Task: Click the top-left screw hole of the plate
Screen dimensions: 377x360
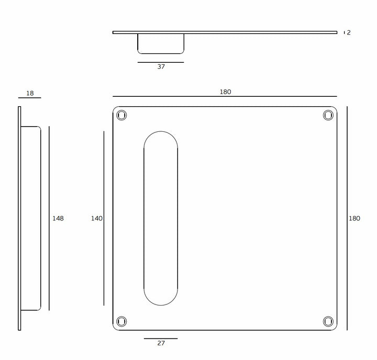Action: pos(121,115)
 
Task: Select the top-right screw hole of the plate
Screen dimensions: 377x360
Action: pos(328,115)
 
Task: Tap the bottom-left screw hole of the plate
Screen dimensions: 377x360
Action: pos(121,321)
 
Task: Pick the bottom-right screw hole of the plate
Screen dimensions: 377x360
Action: pos(328,321)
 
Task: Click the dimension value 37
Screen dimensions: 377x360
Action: pos(161,66)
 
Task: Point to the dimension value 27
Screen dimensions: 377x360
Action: pos(161,343)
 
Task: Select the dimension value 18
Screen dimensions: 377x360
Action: pos(30,93)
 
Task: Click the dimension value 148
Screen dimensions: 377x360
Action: pos(58,218)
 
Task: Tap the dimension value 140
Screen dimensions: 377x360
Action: pos(97,218)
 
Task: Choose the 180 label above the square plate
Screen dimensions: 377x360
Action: pos(225,92)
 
